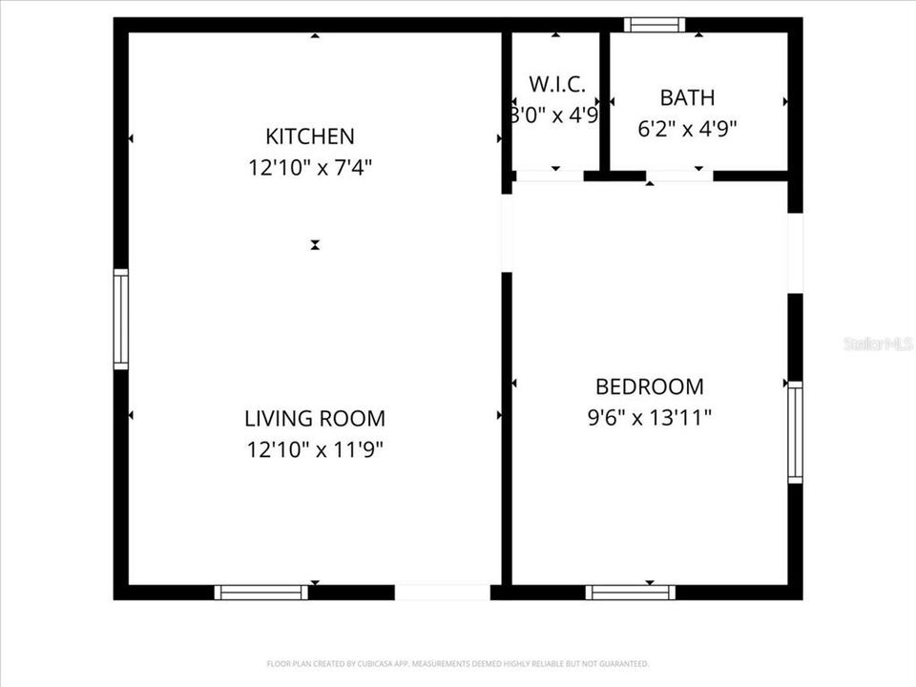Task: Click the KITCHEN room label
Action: coord(310,136)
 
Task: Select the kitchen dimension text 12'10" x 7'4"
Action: coord(310,168)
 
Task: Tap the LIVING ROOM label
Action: coord(315,418)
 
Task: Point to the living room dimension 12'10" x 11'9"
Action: coord(315,449)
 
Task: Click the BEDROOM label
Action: coord(650,386)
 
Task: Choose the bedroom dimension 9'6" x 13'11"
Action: coord(650,418)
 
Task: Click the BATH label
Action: coord(687,97)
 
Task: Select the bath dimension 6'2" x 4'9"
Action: coord(687,128)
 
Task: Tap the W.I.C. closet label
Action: coord(556,84)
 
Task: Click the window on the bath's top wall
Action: coord(655,25)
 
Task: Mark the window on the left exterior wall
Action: coord(121,319)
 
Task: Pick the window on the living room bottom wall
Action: coord(260,593)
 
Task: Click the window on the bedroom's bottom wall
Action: coord(631,593)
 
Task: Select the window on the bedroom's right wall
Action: coord(795,432)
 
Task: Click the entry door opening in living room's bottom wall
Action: coord(443,593)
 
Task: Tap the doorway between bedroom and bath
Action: coord(679,176)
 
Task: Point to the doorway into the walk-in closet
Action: coord(549,176)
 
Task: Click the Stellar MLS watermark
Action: coord(878,343)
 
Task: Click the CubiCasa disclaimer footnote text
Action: coord(458,663)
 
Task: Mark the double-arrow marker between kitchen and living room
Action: coord(315,245)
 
